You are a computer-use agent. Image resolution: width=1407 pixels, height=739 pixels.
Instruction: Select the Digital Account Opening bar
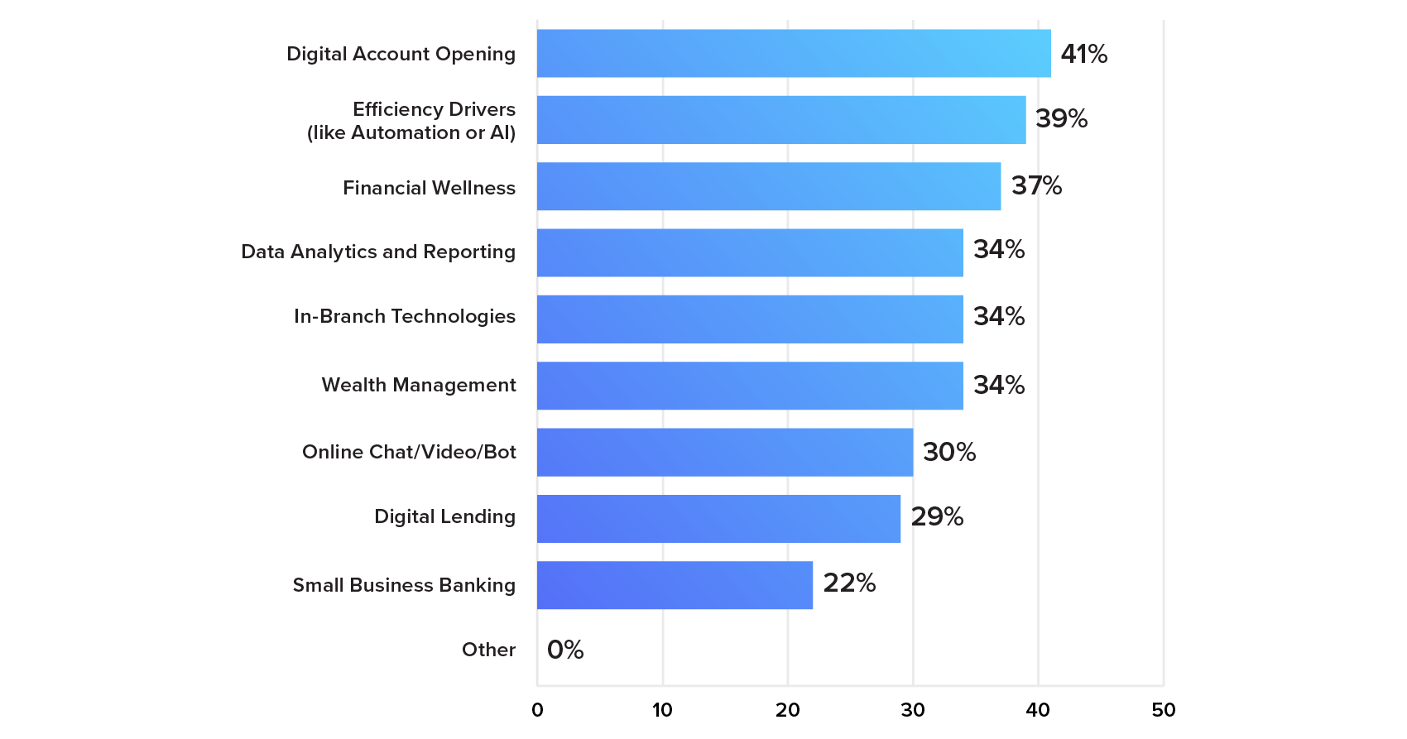pyautogui.click(x=793, y=54)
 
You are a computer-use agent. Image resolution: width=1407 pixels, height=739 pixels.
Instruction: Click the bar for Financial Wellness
pyautogui.click(x=768, y=186)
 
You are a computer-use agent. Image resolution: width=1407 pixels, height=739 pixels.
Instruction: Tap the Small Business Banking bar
pyautogui.click(x=675, y=585)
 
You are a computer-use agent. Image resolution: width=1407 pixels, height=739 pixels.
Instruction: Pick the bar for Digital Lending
pyautogui.click(x=718, y=519)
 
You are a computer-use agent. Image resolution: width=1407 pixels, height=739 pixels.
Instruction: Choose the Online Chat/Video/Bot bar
pyautogui.click(x=724, y=452)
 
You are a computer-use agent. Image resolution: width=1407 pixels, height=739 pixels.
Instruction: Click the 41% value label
pyautogui.click(x=1083, y=54)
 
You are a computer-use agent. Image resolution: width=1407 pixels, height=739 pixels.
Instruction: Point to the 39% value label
pyautogui.click(x=1061, y=118)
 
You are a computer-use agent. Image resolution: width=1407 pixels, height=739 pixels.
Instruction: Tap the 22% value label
pyautogui.click(x=849, y=583)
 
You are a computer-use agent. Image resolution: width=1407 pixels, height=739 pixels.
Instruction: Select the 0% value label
pyautogui.click(x=565, y=650)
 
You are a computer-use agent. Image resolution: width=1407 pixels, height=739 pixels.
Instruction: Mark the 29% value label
pyautogui.click(x=937, y=516)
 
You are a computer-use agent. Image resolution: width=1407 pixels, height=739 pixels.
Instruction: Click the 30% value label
pyautogui.click(x=948, y=452)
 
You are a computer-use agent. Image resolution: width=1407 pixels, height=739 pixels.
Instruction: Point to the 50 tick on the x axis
pyautogui.click(x=1163, y=710)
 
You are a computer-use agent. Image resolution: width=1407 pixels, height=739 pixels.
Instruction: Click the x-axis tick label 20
pyautogui.click(x=787, y=710)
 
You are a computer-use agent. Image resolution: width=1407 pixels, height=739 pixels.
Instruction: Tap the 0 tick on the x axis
pyautogui.click(x=537, y=710)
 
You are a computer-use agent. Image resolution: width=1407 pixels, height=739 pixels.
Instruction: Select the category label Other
pyautogui.click(x=488, y=650)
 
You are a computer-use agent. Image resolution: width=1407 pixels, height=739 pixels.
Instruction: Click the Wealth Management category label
pyautogui.click(x=419, y=385)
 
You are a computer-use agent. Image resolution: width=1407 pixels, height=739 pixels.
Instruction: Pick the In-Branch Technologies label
pyautogui.click(x=404, y=316)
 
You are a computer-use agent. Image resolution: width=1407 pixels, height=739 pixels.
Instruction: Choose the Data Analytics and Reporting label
pyautogui.click(x=378, y=252)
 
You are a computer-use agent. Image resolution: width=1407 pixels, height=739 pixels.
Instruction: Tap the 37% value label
pyautogui.click(x=1036, y=185)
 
